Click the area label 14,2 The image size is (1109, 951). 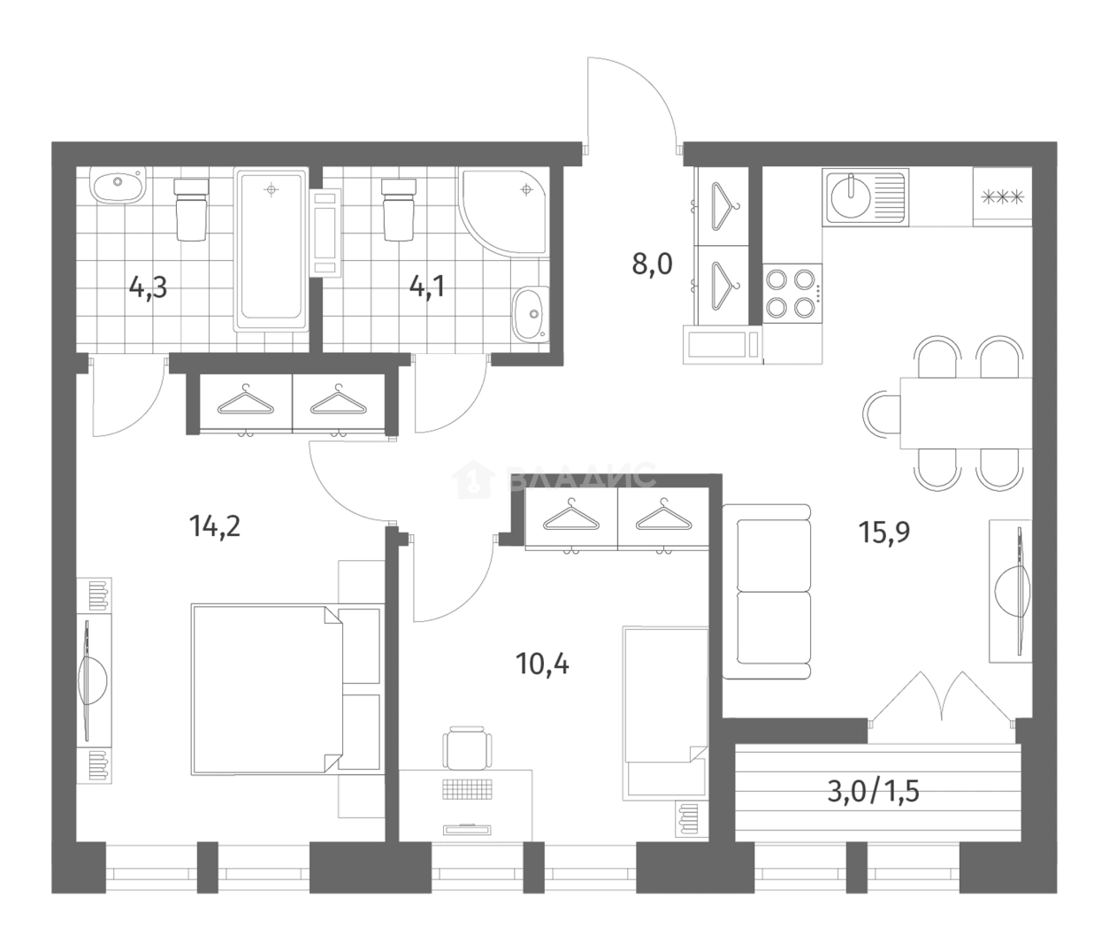tap(215, 526)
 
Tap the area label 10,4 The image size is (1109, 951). tap(542, 663)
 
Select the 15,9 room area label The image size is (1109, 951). tap(884, 533)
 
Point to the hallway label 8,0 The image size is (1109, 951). tap(652, 265)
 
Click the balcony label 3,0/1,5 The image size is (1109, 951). tap(874, 792)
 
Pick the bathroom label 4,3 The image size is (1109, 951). tap(148, 288)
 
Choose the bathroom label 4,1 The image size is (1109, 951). tap(426, 288)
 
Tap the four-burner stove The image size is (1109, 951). tap(792, 293)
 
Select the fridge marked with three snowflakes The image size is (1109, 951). tap(1002, 197)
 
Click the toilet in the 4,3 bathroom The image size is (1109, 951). tap(190, 210)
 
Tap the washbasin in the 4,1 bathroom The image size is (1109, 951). tap(531, 314)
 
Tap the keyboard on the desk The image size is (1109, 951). tap(467, 789)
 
